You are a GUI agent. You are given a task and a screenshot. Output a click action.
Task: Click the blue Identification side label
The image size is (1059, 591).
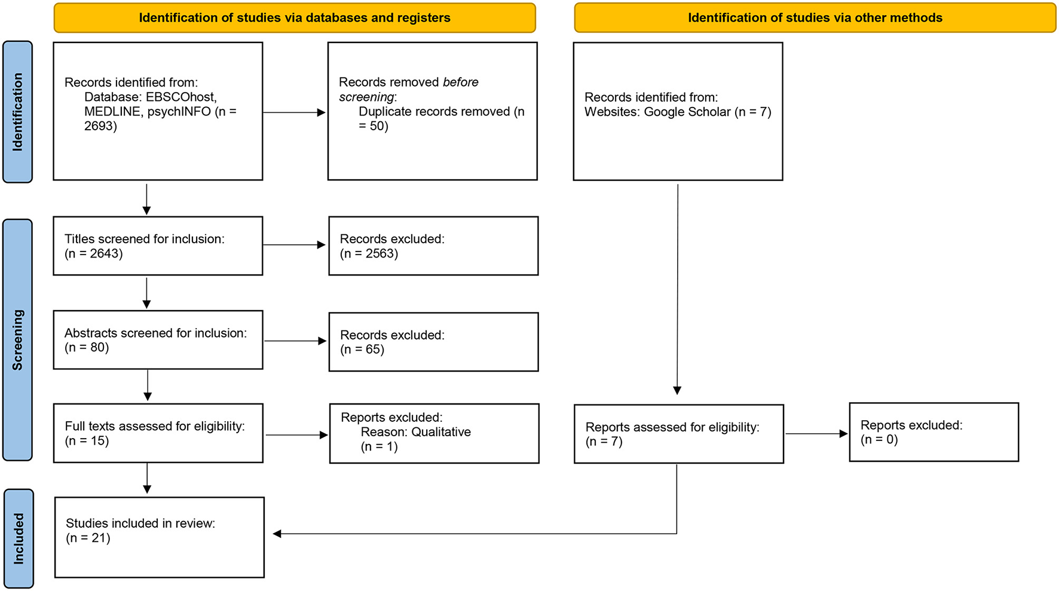tap(17, 112)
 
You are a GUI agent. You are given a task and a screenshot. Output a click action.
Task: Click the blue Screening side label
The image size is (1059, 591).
tap(17, 339)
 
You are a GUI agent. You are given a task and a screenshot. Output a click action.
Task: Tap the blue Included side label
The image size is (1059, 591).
tap(19, 538)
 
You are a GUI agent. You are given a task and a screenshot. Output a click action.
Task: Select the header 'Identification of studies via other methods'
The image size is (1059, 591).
tap(815, 18)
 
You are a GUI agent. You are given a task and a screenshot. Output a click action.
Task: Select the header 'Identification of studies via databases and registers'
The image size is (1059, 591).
tap(295, 18)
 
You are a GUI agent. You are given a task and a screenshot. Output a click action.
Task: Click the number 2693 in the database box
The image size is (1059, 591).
tap(100, 126)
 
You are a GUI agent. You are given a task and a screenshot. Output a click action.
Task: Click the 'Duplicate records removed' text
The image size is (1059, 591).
tap(434, 112)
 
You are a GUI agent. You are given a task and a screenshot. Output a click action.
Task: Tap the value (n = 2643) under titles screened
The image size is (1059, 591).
tap(94, 253)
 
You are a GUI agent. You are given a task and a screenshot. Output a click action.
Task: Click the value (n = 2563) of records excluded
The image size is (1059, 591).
tap(369, 253)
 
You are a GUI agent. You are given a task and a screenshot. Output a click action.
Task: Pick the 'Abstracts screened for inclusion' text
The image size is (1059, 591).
tap(155, 333)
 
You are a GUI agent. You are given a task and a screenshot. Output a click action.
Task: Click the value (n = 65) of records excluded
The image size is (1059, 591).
tap(362, 350)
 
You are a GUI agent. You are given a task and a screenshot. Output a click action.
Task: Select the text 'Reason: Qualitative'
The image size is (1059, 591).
tap(415, 432)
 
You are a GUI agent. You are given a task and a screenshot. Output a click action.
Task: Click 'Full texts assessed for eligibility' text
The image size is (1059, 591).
tap(155, 426)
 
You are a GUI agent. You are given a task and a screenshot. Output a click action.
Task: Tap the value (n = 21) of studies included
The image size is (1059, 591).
tap(88, 538)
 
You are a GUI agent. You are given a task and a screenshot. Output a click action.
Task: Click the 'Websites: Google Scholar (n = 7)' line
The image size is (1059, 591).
tap(678, 112)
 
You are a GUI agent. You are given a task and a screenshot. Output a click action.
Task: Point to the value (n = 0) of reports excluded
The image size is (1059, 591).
tap(879, 440)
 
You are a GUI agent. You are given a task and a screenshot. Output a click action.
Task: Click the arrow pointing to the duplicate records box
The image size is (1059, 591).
tap(294, 112)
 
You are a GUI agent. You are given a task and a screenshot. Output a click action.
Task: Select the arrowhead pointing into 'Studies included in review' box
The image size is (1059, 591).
tap(277, 534)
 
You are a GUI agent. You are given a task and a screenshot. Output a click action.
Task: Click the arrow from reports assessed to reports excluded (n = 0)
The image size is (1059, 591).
tap(816, 434)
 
